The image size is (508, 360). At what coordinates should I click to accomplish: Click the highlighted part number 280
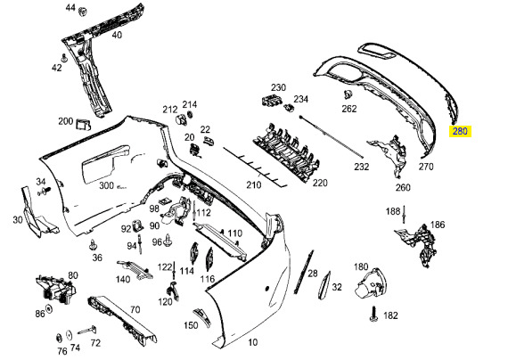460,131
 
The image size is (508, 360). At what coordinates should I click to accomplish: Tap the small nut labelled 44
83,12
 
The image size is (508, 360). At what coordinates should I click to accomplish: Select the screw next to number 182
373,314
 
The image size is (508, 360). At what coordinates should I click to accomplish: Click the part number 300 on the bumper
106,185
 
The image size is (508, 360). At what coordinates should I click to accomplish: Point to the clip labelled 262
348,94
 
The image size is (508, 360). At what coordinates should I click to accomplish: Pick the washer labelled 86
49,309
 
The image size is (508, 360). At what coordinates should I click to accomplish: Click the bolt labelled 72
86,331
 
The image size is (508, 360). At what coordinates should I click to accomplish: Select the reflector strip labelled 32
325,285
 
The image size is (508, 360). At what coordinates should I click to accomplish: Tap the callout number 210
254,185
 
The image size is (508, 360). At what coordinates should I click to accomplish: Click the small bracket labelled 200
83,125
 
